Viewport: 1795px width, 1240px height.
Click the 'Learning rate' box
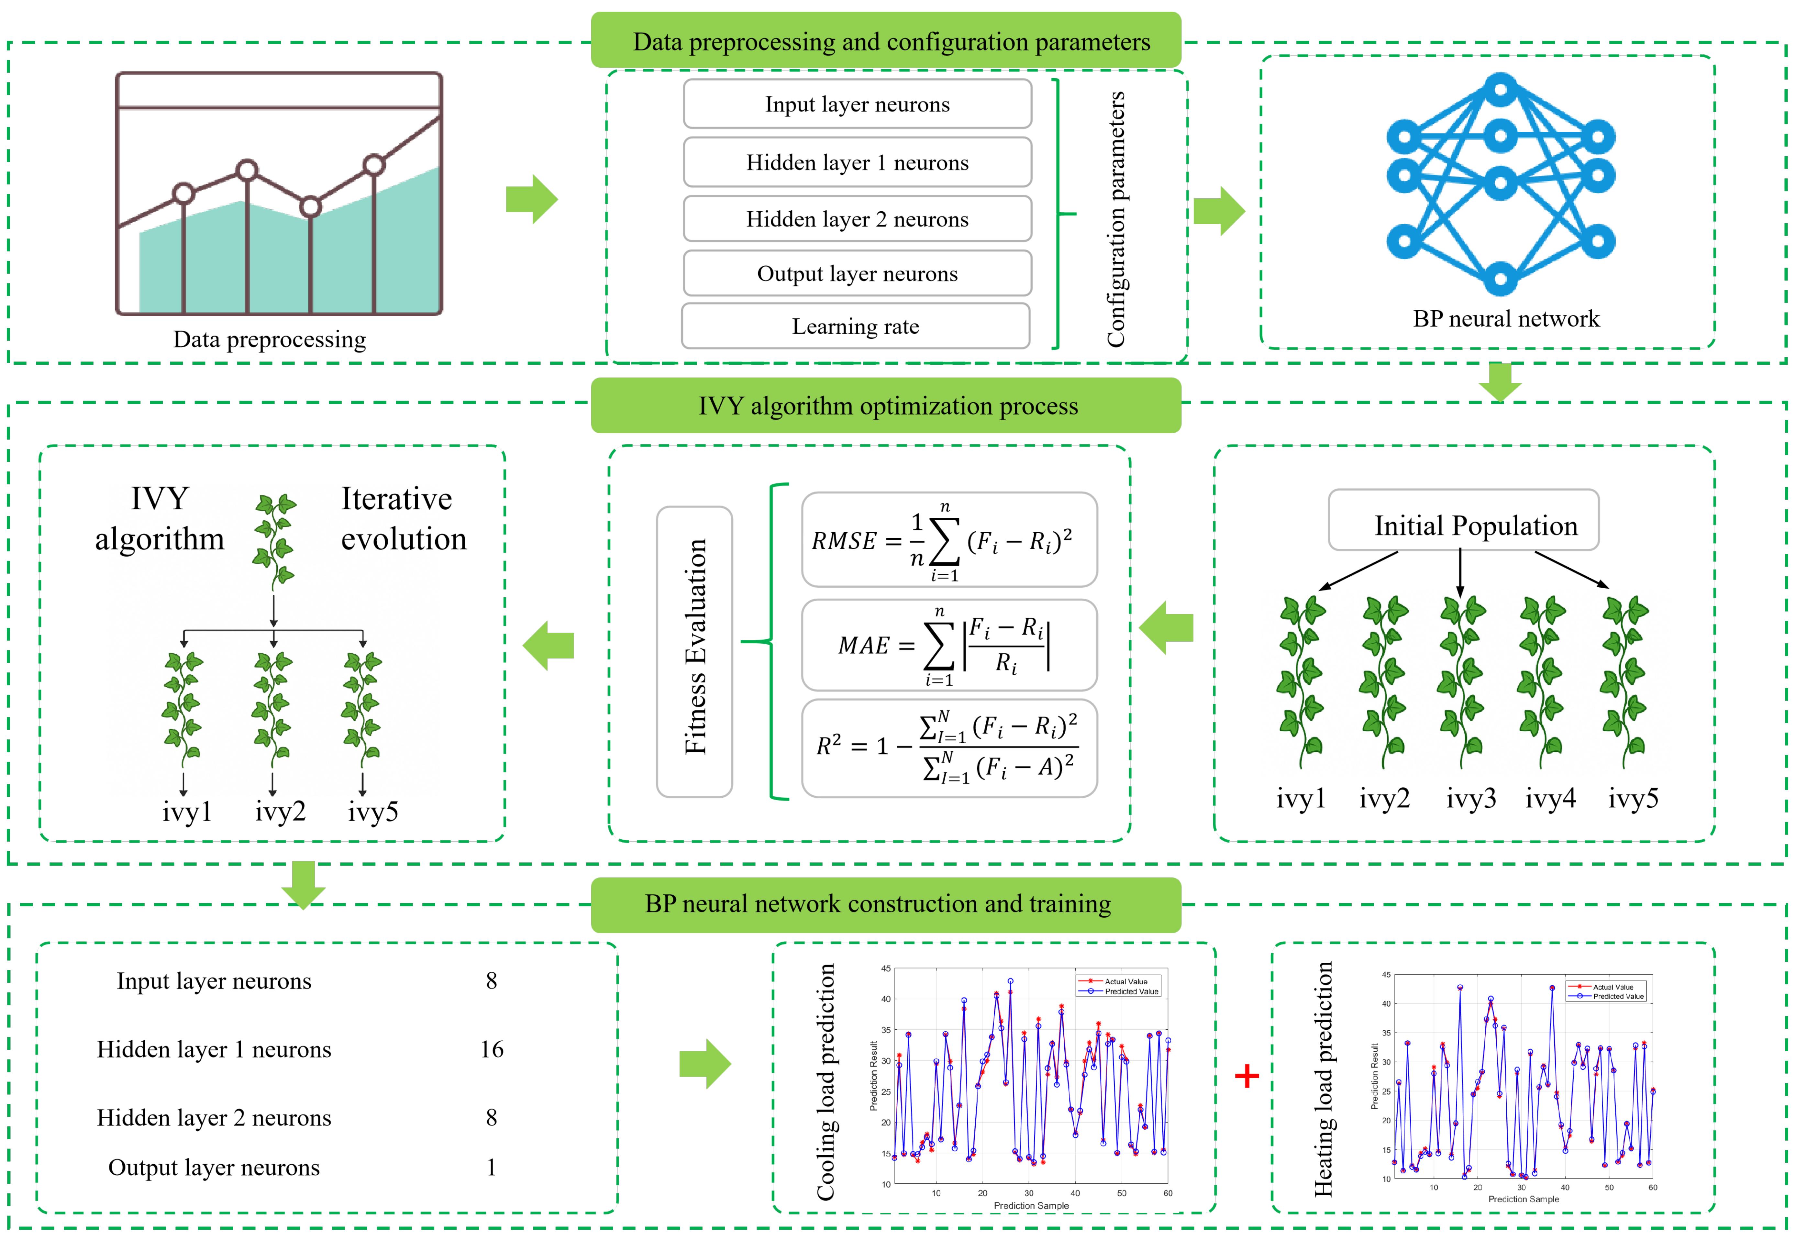click(855, 326)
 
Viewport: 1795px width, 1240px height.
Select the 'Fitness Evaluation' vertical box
click(694, 651)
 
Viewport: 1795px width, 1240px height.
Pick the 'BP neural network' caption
click(1505, 318)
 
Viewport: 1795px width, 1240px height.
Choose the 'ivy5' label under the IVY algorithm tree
click(373, 812)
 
